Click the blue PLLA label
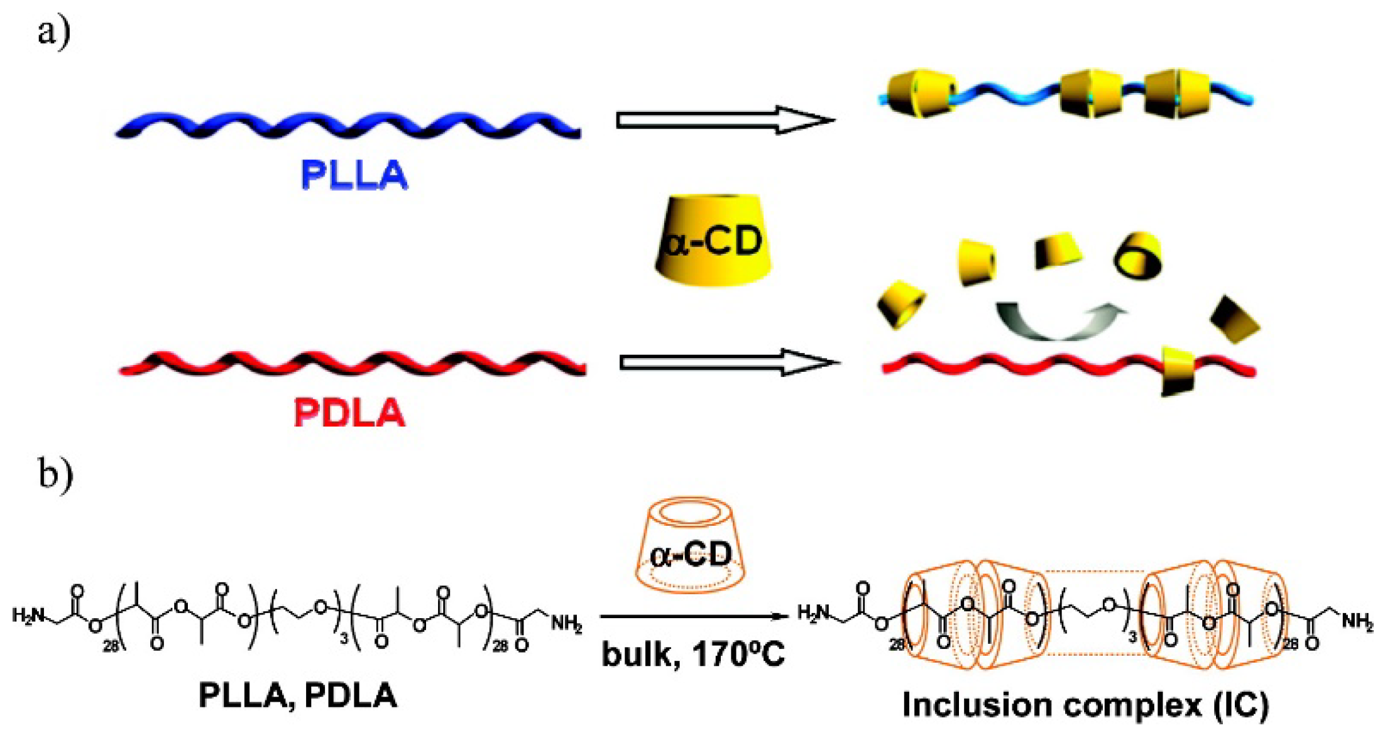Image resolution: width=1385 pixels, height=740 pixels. (x=354, y=175)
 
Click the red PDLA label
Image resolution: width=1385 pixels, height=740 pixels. (x=349, y=413)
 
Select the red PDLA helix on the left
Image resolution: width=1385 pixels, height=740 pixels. (x=352, y=363)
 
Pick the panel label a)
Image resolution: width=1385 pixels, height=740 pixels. (x=53, y=31)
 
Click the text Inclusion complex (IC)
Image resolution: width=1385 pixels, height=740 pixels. (x=1086, y=704)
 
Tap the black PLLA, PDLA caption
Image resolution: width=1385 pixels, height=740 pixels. (x=298, y=695)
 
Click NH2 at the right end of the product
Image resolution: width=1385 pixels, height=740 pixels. (x=1357, y=621)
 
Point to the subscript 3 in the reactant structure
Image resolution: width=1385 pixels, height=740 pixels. (x=344, y=639)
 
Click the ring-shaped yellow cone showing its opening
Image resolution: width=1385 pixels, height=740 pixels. (x=1138, y=255)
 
